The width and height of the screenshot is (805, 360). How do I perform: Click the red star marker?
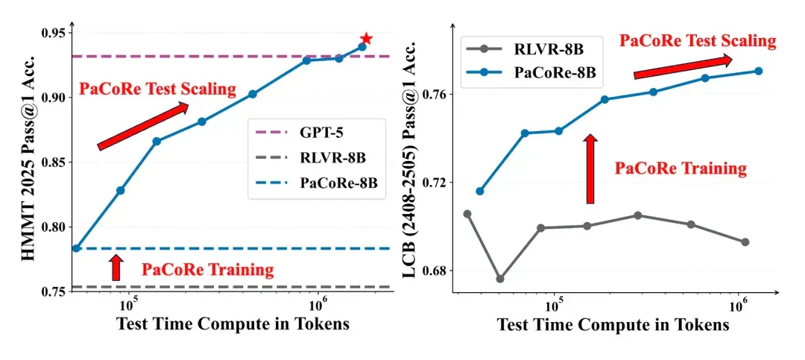tap(365, 39)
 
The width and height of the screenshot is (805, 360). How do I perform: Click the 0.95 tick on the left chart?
tap(57, 34)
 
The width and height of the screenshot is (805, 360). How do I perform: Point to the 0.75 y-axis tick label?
tap(57, 291)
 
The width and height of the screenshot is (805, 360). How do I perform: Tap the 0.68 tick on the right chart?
tap(435, 270)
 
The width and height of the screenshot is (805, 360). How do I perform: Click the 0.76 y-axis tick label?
tap(435, 94)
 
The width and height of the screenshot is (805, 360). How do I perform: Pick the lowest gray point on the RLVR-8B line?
tap(500, 279)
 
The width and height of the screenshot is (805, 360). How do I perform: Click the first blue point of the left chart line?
tap(77, 248)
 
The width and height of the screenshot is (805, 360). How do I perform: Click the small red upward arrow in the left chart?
tap(117, 268)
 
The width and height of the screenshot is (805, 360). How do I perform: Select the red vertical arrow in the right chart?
tap(591, 169)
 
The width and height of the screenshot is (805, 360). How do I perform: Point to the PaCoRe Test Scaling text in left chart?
tap(157, 89)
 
